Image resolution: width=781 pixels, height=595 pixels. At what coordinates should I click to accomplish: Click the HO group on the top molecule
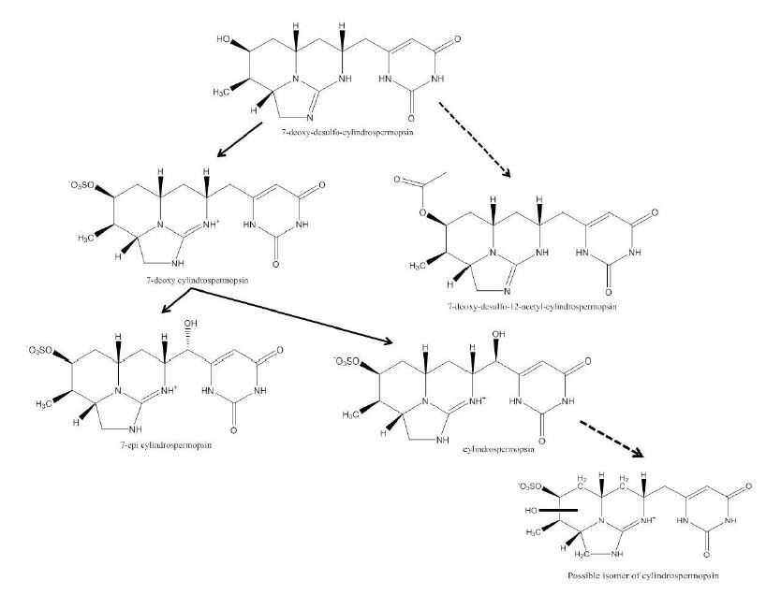pos(225,40)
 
